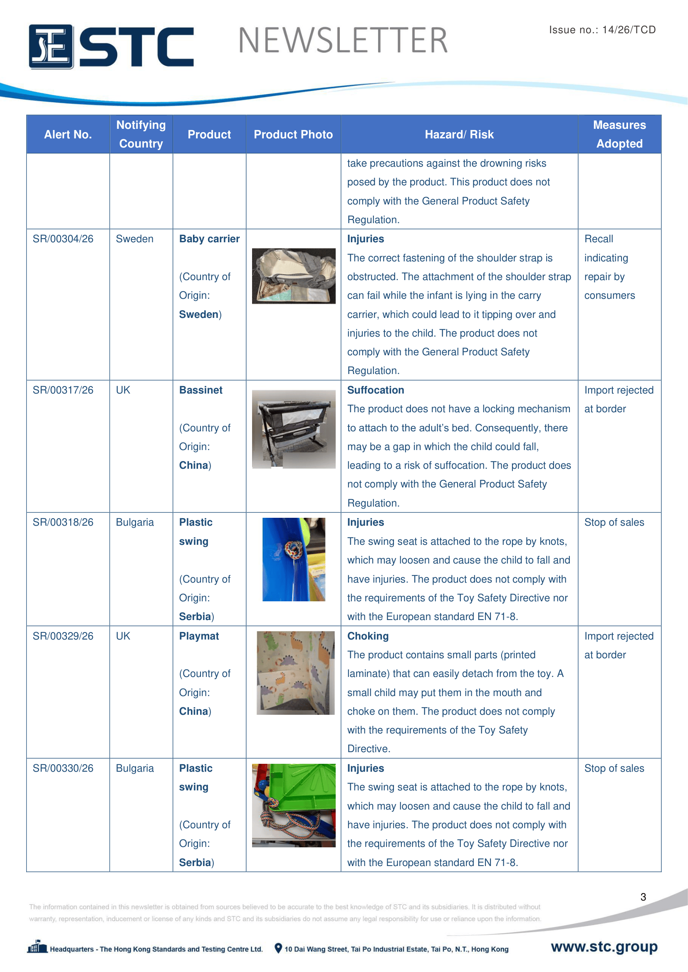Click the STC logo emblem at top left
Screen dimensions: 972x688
(51, 47)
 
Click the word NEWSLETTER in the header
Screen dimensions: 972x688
(343, 41)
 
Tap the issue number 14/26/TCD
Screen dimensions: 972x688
(629, 30)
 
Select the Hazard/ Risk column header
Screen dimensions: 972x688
(459, 135)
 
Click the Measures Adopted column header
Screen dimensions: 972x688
(619, 134)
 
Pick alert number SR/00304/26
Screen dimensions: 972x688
(63, 239)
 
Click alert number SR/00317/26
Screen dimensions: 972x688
(63, 390)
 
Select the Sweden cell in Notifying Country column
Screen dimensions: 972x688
(135, 239)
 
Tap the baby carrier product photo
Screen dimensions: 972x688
(293, 276)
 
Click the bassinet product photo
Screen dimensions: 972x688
(293, 429)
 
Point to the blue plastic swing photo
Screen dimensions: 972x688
(293, 559)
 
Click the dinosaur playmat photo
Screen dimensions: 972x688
(295, 673)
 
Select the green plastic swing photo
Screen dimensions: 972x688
(293, 805)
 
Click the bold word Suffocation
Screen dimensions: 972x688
(375, 390)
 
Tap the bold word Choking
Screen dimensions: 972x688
(368, 636)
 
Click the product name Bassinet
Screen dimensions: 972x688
(200, 390)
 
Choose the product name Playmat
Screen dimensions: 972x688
(199, 636)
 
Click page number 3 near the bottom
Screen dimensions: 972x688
(643, 897)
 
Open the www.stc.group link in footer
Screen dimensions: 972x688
(604, 947)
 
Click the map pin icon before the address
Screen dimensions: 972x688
(278, 948)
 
